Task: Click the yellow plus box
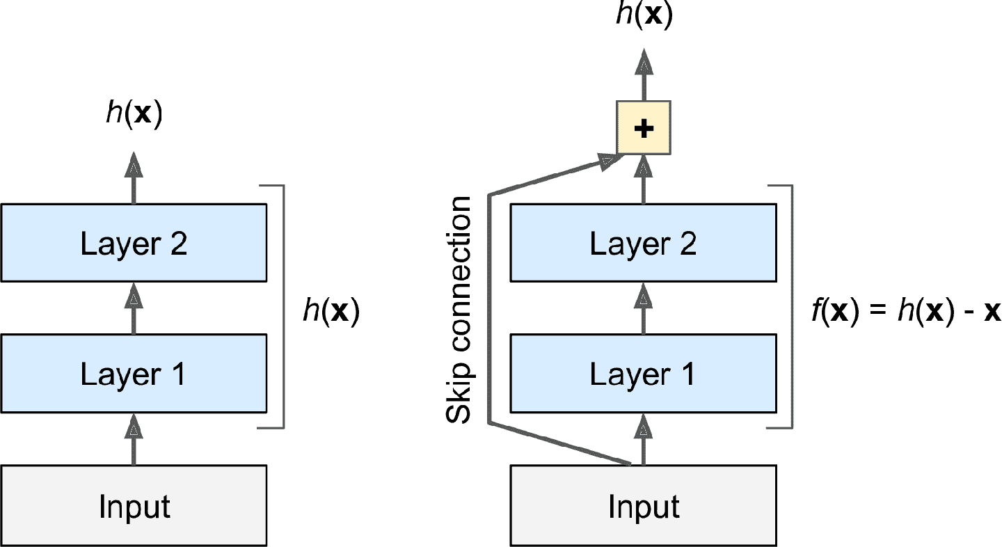[x=644, y=128]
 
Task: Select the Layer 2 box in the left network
[x=134, y=243]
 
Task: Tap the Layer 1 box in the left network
[x=134, y=374]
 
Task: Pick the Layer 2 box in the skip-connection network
[x=644, y=243]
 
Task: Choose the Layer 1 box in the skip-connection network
[x=644, y=374]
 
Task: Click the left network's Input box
[x=134, y=505]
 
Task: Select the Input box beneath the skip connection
[x=644, y=505]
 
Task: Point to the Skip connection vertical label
[x=459, y=310]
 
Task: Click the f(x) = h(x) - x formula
[x=905, y=310]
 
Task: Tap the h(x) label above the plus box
[x=644, y=16]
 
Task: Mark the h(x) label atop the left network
[x=134, y=113]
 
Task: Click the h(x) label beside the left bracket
[x=331, y=310]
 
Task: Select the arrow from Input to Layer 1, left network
[x=134, y=438]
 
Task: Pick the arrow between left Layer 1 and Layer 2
[x=134, y=308]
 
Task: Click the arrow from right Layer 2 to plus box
[x=644, y=178]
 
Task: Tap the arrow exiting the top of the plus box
[x=644, y=73]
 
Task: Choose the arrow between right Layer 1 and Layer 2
[x=644, y=308]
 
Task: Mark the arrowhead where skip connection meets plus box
[x=608, y=161]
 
